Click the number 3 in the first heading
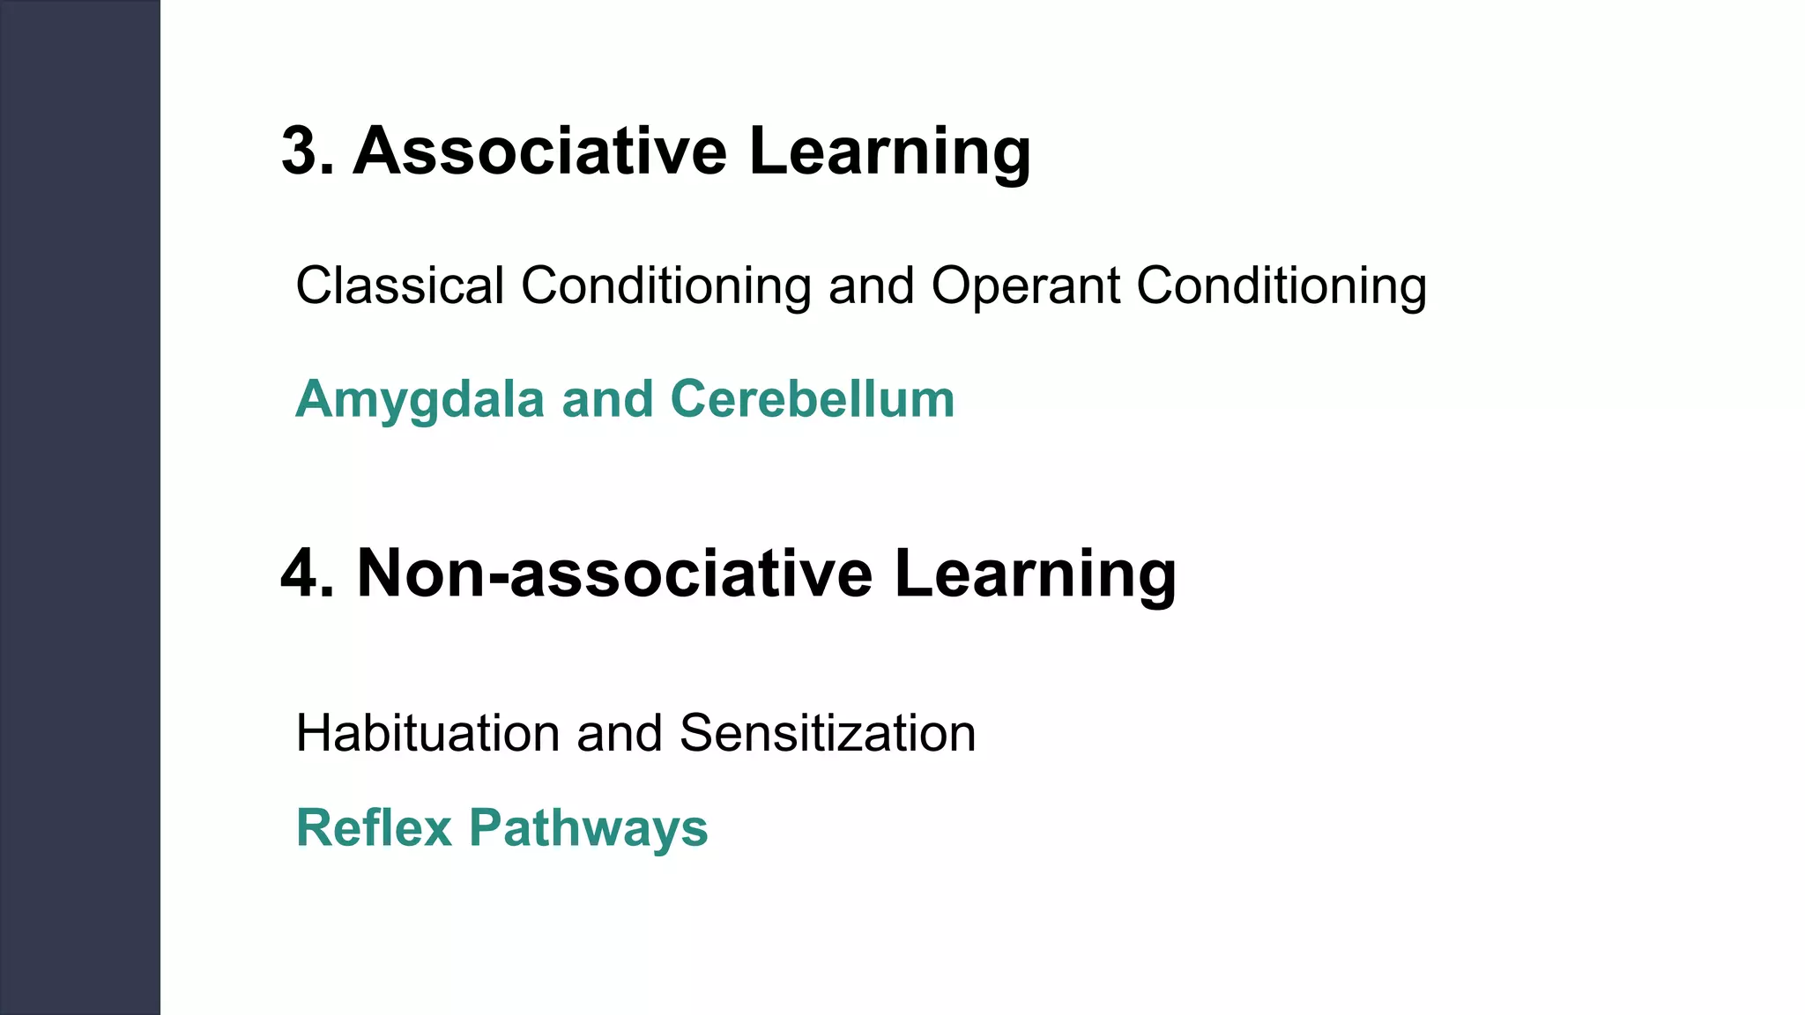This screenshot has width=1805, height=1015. pyautogui.click(x=300, y=152)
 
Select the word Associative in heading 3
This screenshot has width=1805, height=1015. pyautogui.click(x=539, y=152)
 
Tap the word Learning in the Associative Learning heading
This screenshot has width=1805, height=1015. pyautogui.click(x=889, y=152)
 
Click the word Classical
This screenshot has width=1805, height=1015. pyautogui.click(x=399, y=286)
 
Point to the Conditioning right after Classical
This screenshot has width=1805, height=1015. pyautogui.click(x=665, y=286)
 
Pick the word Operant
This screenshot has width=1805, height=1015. pyautogui.click(x=1025, y=286)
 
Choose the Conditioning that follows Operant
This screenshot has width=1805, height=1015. pyautogui.click(x=1281, y=286)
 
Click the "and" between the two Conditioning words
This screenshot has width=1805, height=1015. pyautogui.click(x=871, y=286)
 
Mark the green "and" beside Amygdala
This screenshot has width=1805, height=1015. pyautogui.click(x=607, y=400)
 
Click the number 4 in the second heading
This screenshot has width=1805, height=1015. pyautogui.click(x=300, y=574)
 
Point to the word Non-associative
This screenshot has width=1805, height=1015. pyautogui.click(x=614, y=574)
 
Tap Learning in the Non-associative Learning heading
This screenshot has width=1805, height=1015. pyautogui.click(x=1035, y=574)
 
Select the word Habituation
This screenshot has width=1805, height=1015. pyautogui.click(x=427, y=733)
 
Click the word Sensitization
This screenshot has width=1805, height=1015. pyautogui.click(x=828, y=733)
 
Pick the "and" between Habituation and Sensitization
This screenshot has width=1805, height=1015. pyautogui.click(x=619, y=733)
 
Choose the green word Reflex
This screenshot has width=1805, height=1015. pyautogui.click(x=374, y=828)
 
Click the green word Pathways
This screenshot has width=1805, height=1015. pyautogui.click(x=588, y=828)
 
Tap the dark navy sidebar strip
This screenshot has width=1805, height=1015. pyautogui.click(x=79, y=507)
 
